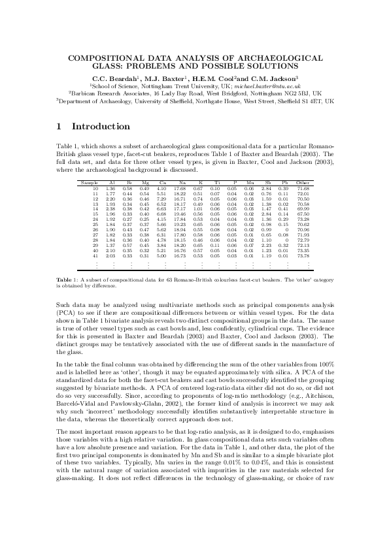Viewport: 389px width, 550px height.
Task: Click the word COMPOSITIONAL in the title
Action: [104, 59]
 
